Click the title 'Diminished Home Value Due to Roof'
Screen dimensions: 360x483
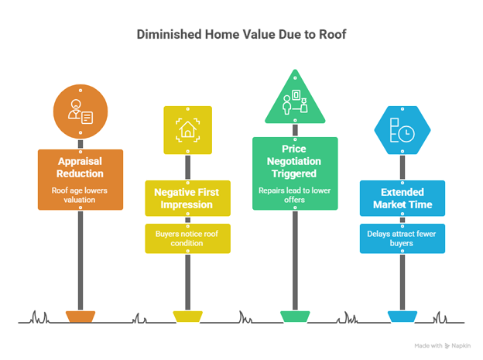point(241,34)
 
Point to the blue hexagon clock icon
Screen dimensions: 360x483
point(401,129)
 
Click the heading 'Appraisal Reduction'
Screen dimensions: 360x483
point(80,168)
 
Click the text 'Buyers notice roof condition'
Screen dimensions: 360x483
point(187,238)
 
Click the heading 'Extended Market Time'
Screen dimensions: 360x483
point(401,199)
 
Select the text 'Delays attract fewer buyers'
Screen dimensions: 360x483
point(401,238)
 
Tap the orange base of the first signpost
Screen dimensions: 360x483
point(80,317)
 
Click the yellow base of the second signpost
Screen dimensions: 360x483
point(187,317)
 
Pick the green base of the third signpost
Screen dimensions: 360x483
point(294,317)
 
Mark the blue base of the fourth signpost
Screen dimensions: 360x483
point(401,317)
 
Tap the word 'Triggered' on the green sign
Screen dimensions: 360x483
point(294,174)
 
